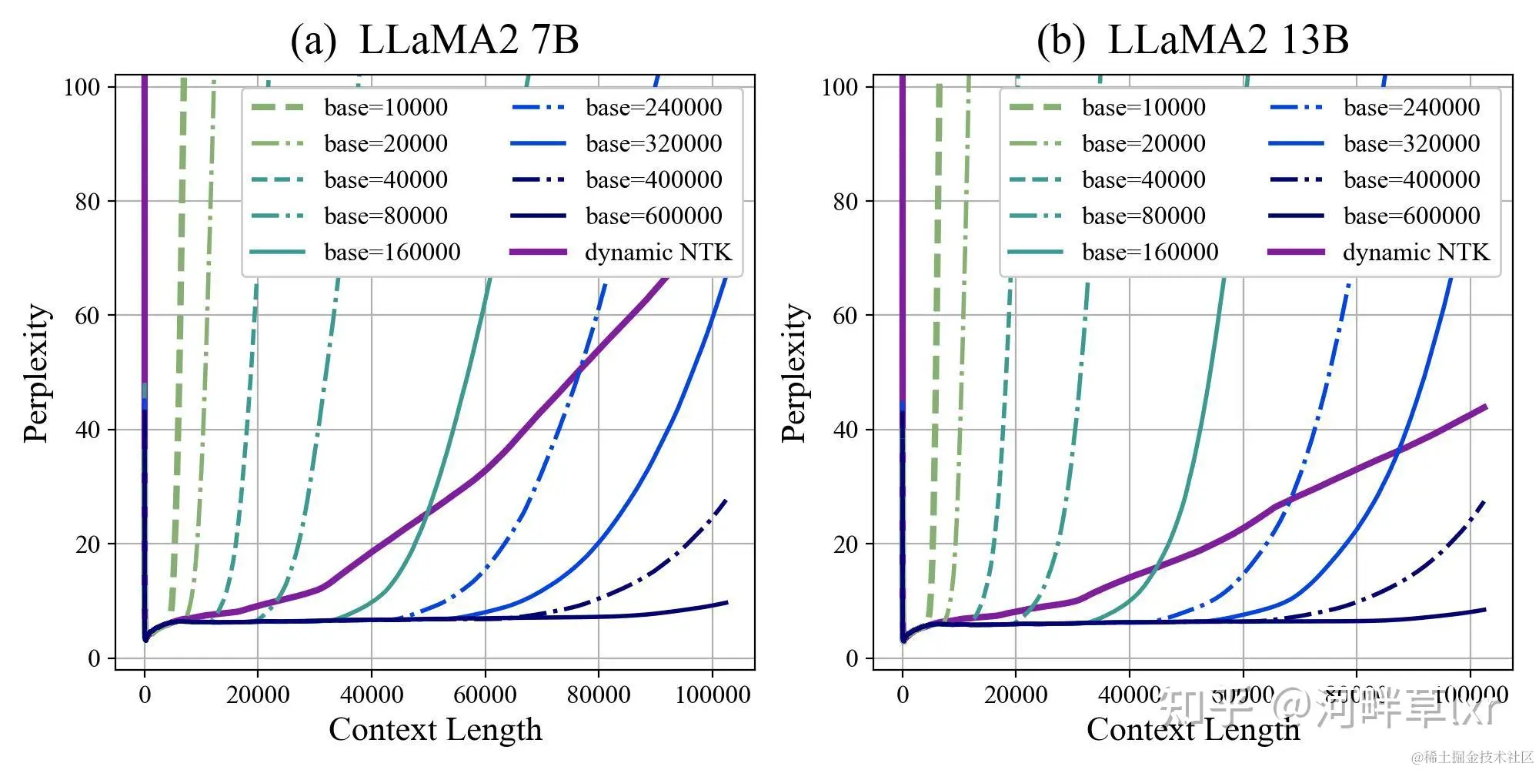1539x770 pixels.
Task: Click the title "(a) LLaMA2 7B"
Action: point(434,40)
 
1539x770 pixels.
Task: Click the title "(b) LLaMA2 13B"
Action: point(1192,40)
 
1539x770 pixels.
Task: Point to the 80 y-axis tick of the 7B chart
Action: point(88,202)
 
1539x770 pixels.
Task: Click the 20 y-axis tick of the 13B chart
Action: point(846,544)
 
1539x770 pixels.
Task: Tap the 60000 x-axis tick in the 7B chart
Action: point(485,695)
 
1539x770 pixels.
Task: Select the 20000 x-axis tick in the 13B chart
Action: point(1016,695)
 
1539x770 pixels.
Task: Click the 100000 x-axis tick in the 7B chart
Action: point(713,695)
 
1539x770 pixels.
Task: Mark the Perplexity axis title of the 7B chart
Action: point(36,373)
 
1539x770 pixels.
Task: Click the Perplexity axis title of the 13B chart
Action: point(794,373)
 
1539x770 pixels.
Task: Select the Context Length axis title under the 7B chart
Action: point(436,729)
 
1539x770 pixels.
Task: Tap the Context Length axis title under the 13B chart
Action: point(1193,729)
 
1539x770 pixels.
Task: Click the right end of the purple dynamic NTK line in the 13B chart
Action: point(1485,407)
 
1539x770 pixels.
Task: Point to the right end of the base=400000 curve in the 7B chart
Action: point(726,501)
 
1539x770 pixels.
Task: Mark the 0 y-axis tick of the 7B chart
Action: point(94,658)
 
